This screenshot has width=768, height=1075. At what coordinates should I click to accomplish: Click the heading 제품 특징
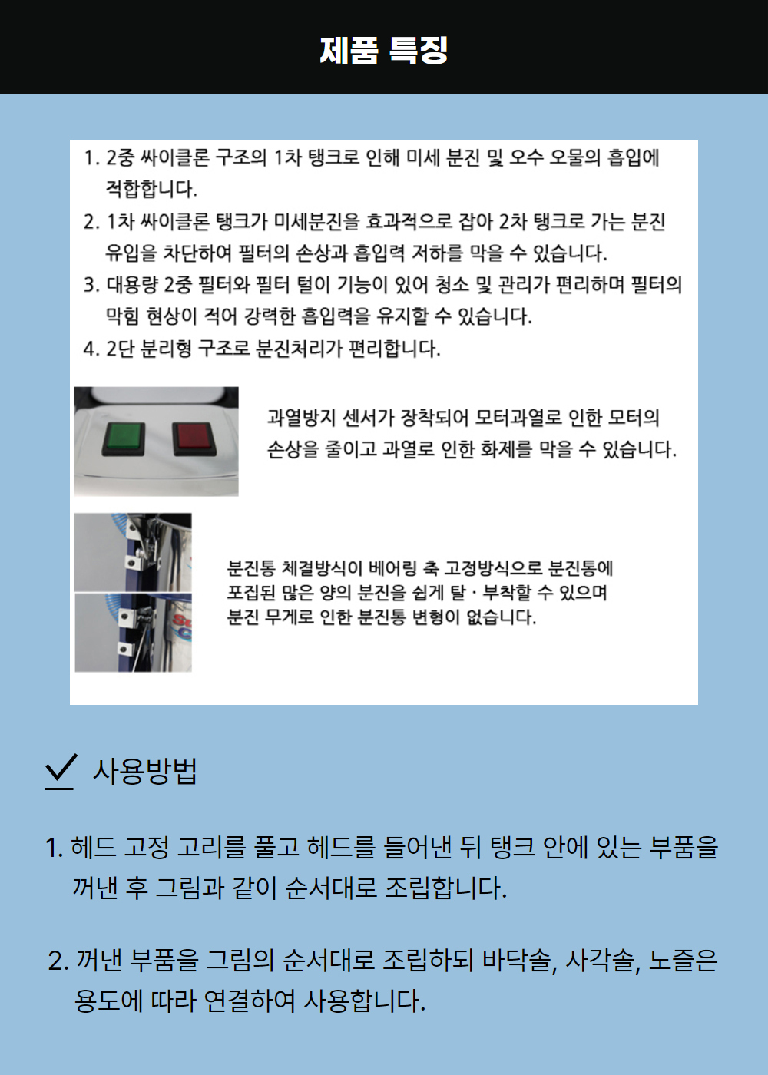[384, 50]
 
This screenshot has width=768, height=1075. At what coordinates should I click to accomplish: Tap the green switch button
[123, 439]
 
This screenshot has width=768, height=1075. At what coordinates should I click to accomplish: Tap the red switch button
[194, 439]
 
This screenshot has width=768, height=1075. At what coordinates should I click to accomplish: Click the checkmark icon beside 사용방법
[61, 770]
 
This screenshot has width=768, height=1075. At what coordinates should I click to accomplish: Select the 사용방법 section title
[145, 771]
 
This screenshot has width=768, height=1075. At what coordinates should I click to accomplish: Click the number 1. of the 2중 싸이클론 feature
[91, 158]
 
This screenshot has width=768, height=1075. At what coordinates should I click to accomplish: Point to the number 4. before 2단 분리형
[91, 349]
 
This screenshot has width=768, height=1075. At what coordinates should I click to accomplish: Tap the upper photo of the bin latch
[133, 552]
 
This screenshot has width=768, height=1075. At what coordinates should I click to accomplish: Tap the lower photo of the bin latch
[133, 633]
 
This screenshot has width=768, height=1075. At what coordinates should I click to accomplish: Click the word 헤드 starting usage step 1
[94, 848]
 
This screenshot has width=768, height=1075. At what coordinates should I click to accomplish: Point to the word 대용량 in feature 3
[132, 285]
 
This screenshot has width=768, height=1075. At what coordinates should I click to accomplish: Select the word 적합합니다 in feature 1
[151, 189]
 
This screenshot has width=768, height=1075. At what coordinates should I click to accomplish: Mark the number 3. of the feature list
[91, 285]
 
